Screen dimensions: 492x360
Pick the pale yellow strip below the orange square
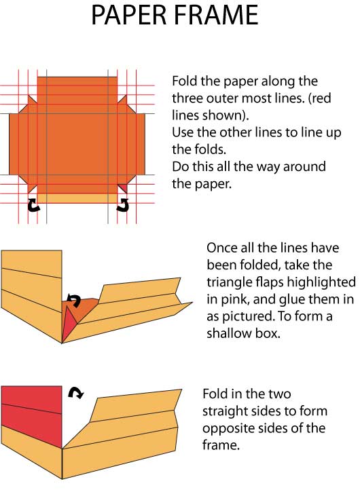77,198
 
